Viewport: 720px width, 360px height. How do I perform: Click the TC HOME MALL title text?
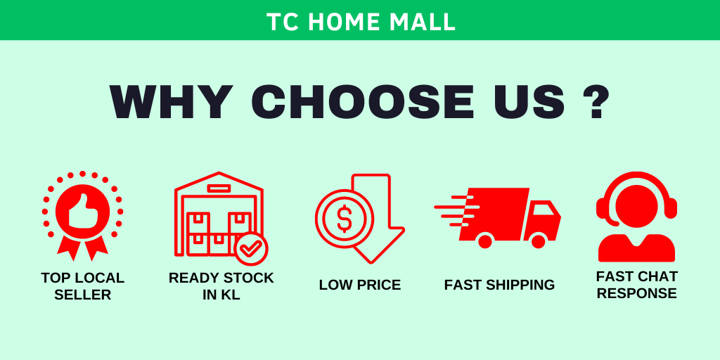coord(361,21)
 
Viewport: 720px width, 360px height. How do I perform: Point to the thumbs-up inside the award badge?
coord(83,211)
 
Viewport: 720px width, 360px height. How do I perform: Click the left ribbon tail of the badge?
coord(68,247)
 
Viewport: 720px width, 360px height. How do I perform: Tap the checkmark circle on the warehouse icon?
coord(251,248)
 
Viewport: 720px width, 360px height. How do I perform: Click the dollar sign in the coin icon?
coord(345,219)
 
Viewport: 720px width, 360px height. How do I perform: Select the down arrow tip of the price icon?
coord(371,263)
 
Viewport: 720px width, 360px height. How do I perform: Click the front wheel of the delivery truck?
coord(538,240)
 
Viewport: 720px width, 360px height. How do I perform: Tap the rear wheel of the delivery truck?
coord(485,240)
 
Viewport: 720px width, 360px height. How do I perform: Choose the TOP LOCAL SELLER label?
coord(83,285)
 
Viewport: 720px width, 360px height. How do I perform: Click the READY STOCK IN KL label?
coord(221,285)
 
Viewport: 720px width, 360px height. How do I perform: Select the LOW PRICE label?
coord(360,285)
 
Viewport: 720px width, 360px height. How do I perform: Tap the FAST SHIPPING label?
coord(499,285)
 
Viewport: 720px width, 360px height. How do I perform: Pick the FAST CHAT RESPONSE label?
coord(636,285)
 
